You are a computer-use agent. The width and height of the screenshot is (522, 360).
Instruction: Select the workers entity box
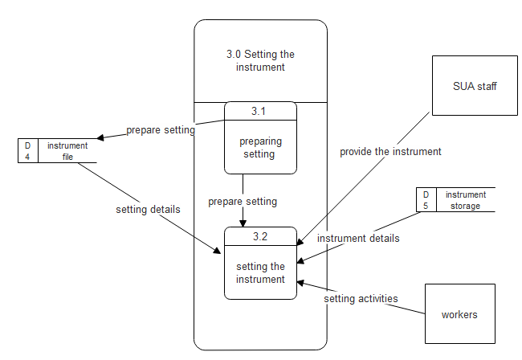459,314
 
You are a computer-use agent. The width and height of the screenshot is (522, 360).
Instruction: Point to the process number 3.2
260,236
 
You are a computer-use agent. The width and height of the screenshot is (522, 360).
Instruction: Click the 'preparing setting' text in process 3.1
260,147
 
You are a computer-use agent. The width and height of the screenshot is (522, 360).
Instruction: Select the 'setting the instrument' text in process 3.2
260,273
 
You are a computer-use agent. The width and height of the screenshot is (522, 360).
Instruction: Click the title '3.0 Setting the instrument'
260,61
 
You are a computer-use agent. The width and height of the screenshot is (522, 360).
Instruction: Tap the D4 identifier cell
27,151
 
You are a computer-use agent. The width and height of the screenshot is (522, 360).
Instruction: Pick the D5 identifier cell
426,200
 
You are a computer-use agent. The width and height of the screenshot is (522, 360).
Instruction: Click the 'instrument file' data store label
67,151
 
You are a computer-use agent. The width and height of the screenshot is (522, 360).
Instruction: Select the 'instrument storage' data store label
466,200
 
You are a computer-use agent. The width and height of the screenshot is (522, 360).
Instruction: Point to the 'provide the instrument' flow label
390,151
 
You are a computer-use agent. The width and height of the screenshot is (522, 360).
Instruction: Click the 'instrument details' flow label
358,239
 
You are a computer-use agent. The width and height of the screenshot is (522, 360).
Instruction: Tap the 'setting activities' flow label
361,298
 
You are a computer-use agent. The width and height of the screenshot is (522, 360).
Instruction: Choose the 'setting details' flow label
148,210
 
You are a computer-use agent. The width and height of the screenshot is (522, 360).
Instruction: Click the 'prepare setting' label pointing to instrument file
161,130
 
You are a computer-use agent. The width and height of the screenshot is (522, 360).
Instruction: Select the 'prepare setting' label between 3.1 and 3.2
243,201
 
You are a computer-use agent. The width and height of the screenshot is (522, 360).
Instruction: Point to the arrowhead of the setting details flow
218,251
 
